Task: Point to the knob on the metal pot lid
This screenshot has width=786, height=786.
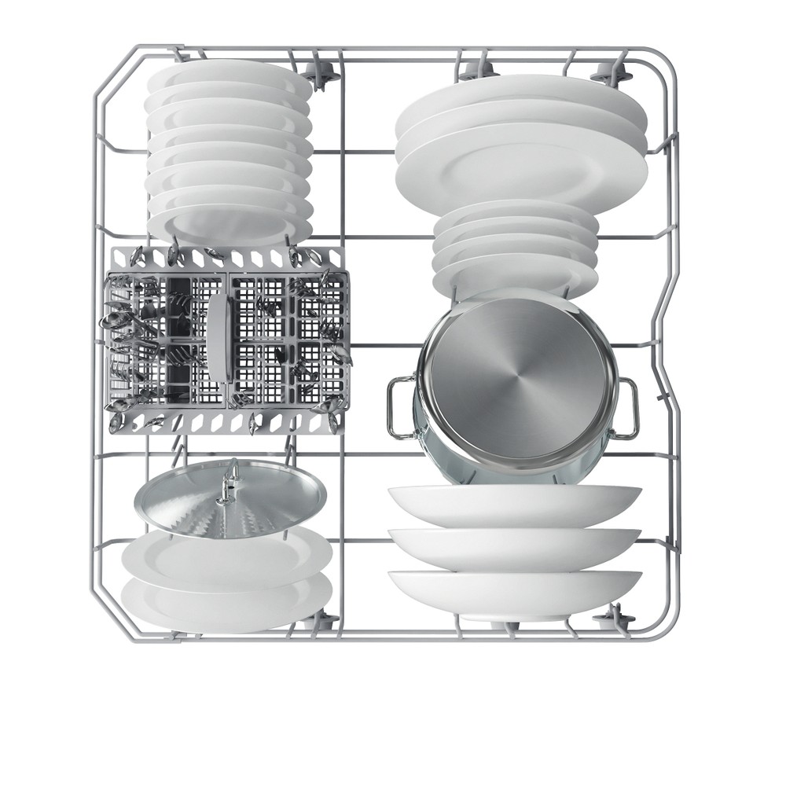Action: pyautogui.click(x=229, y=482)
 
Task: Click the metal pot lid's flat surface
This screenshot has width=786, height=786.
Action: pyautogui.click(x=189, y=499)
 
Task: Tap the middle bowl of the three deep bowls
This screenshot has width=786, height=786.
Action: pyautogui.click(x=515, y=546)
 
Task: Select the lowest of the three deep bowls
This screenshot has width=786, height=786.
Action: pyautogui.click(x=515, y=591)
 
